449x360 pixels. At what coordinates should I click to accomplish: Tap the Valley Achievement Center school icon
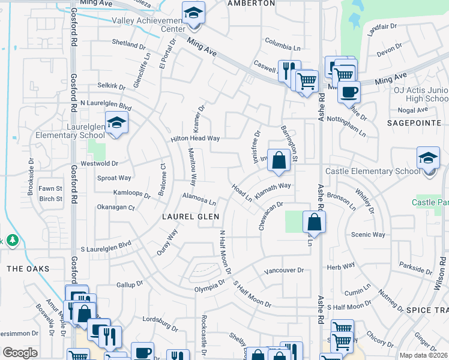(193, 13)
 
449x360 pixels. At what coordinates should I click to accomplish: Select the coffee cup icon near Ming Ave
(348, 92)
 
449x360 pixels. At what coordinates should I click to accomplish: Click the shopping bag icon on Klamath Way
(279, 160)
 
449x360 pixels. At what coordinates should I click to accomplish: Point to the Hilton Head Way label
(196, 138)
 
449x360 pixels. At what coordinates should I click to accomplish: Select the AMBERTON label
(251, 3)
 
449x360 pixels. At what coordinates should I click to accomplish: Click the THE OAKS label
(28, 269)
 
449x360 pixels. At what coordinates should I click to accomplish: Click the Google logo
(20, 353)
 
